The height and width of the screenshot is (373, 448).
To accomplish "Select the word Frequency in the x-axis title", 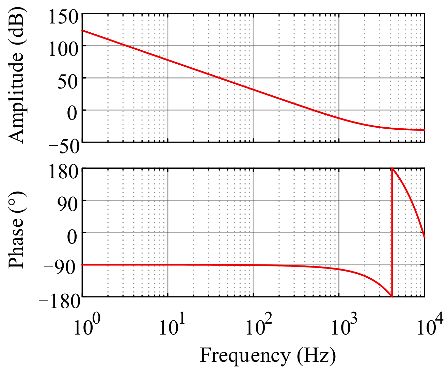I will click(244, 356).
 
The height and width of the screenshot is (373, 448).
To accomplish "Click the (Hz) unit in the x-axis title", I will click(316, 356).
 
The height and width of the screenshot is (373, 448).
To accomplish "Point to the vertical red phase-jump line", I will click(392, 235).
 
